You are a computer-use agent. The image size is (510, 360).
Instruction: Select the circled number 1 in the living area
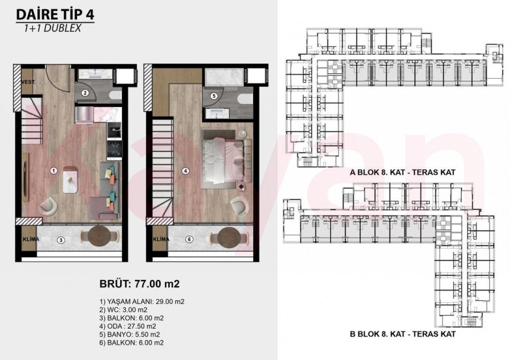click(x=54, y=170)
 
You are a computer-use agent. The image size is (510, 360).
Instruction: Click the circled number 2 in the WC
click(x=87, y=93)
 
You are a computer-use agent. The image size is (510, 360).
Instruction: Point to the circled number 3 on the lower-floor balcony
click(x=60, y=239)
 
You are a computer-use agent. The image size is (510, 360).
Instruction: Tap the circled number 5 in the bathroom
click(x=213, y=96)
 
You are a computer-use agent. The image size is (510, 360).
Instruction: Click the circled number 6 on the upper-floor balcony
click(x=190, y=239)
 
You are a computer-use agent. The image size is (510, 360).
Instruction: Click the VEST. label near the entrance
click(x=28, y=81)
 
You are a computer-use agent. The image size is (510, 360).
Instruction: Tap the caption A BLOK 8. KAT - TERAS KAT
click(x=402, y=173)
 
